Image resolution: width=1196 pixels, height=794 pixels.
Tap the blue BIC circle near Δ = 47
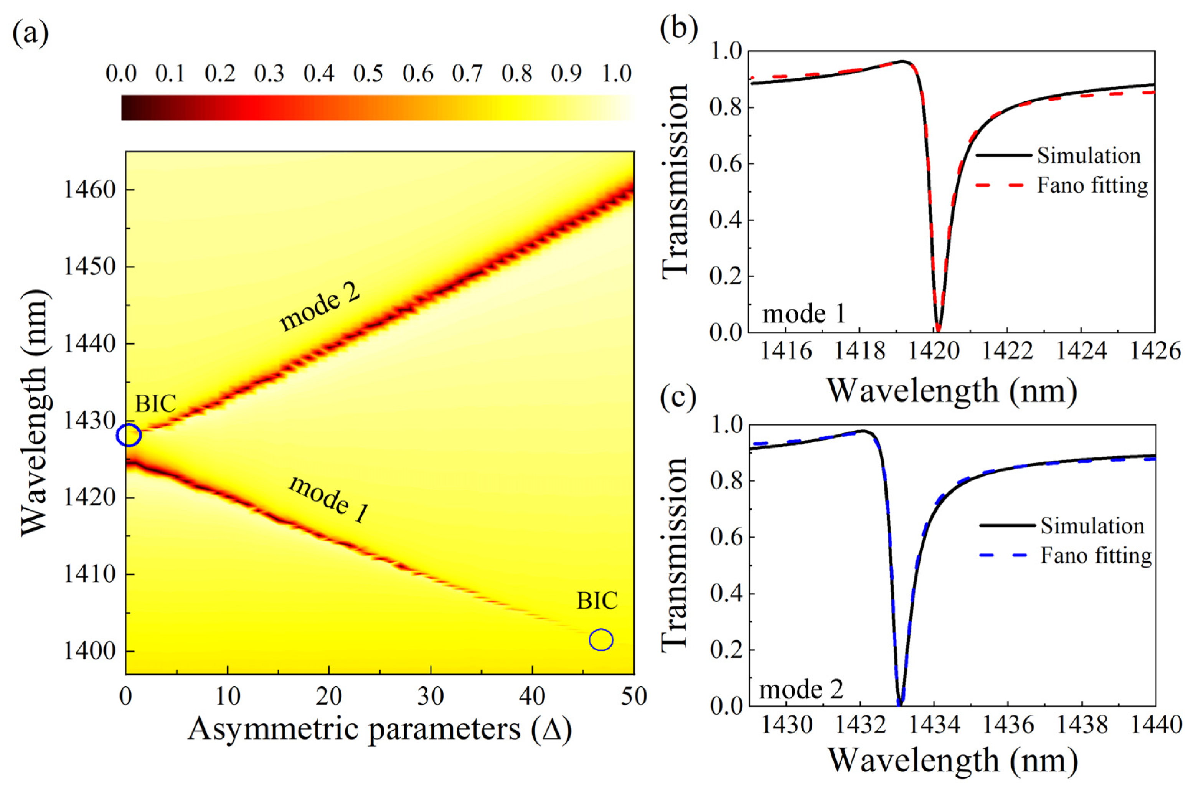tap(601, 640)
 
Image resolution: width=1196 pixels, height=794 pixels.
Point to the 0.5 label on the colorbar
tap(368, 74)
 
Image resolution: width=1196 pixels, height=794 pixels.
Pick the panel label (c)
tap(678, 398)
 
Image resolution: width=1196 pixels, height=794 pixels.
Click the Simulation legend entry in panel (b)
tap(1058, 155)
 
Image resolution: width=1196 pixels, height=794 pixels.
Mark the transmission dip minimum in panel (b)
tap(938, 330)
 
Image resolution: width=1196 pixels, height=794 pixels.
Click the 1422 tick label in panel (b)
tap(1007, 351)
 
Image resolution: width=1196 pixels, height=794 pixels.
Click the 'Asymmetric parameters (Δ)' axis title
tap(380, 730)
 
